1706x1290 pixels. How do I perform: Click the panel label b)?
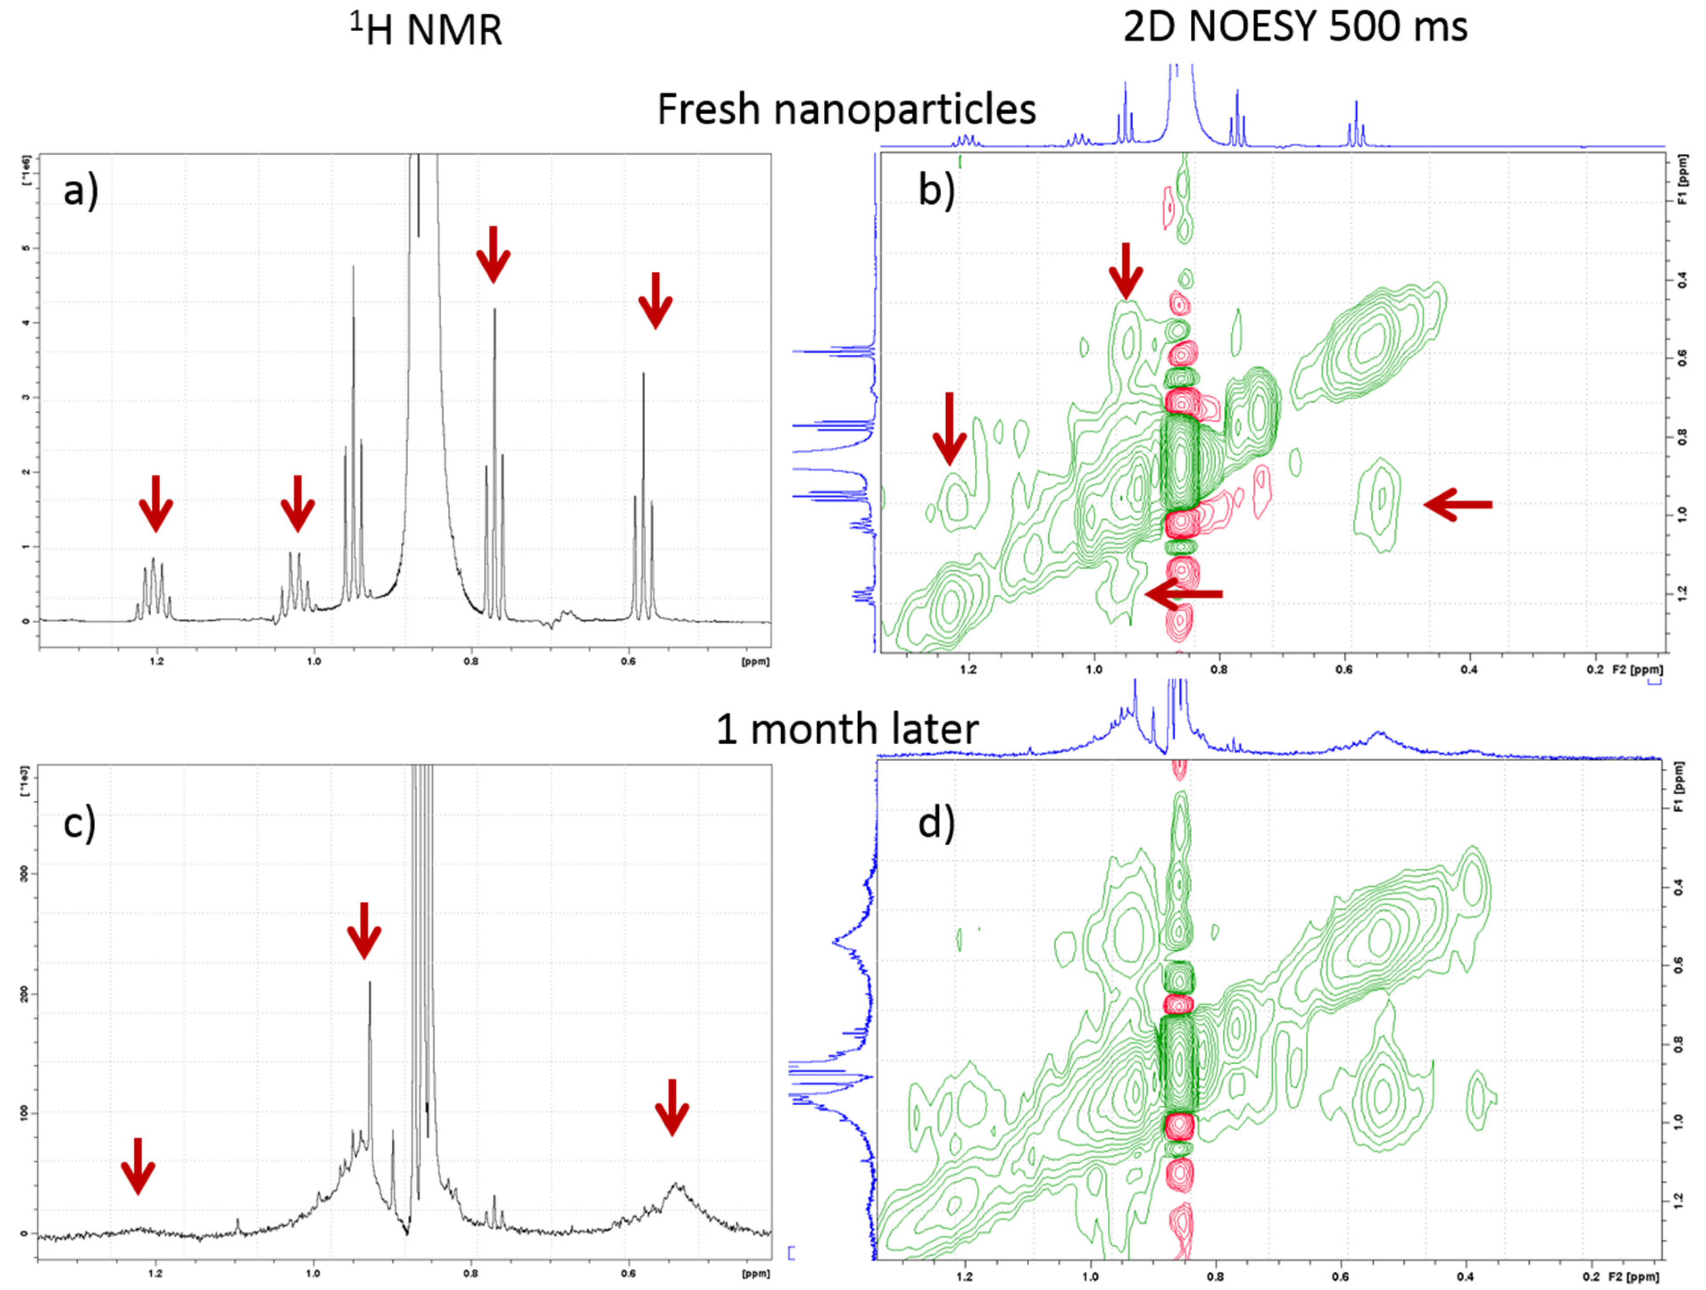(x=936, y=189)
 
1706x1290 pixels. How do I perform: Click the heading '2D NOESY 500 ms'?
(x=1295, y=27)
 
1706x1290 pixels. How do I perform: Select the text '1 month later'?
(x=847, y=728)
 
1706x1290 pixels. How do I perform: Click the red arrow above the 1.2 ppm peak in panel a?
(x=156, y=503)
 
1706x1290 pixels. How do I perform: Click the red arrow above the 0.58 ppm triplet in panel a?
(x=655, y=299)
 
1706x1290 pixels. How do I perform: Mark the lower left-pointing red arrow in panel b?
(x=1184, y=593)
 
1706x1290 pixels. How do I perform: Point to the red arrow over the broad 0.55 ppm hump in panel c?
(x=672, y=1106)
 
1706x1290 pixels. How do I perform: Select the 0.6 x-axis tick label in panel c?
(x=629, y=1273)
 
